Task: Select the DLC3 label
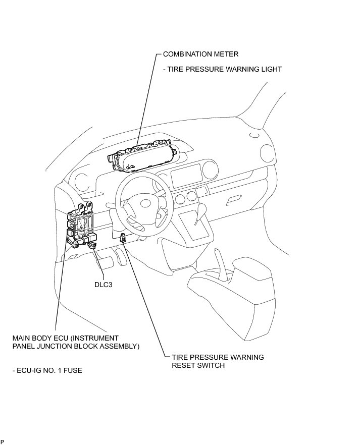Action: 103,285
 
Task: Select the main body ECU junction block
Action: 81,227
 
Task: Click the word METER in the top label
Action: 226,53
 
